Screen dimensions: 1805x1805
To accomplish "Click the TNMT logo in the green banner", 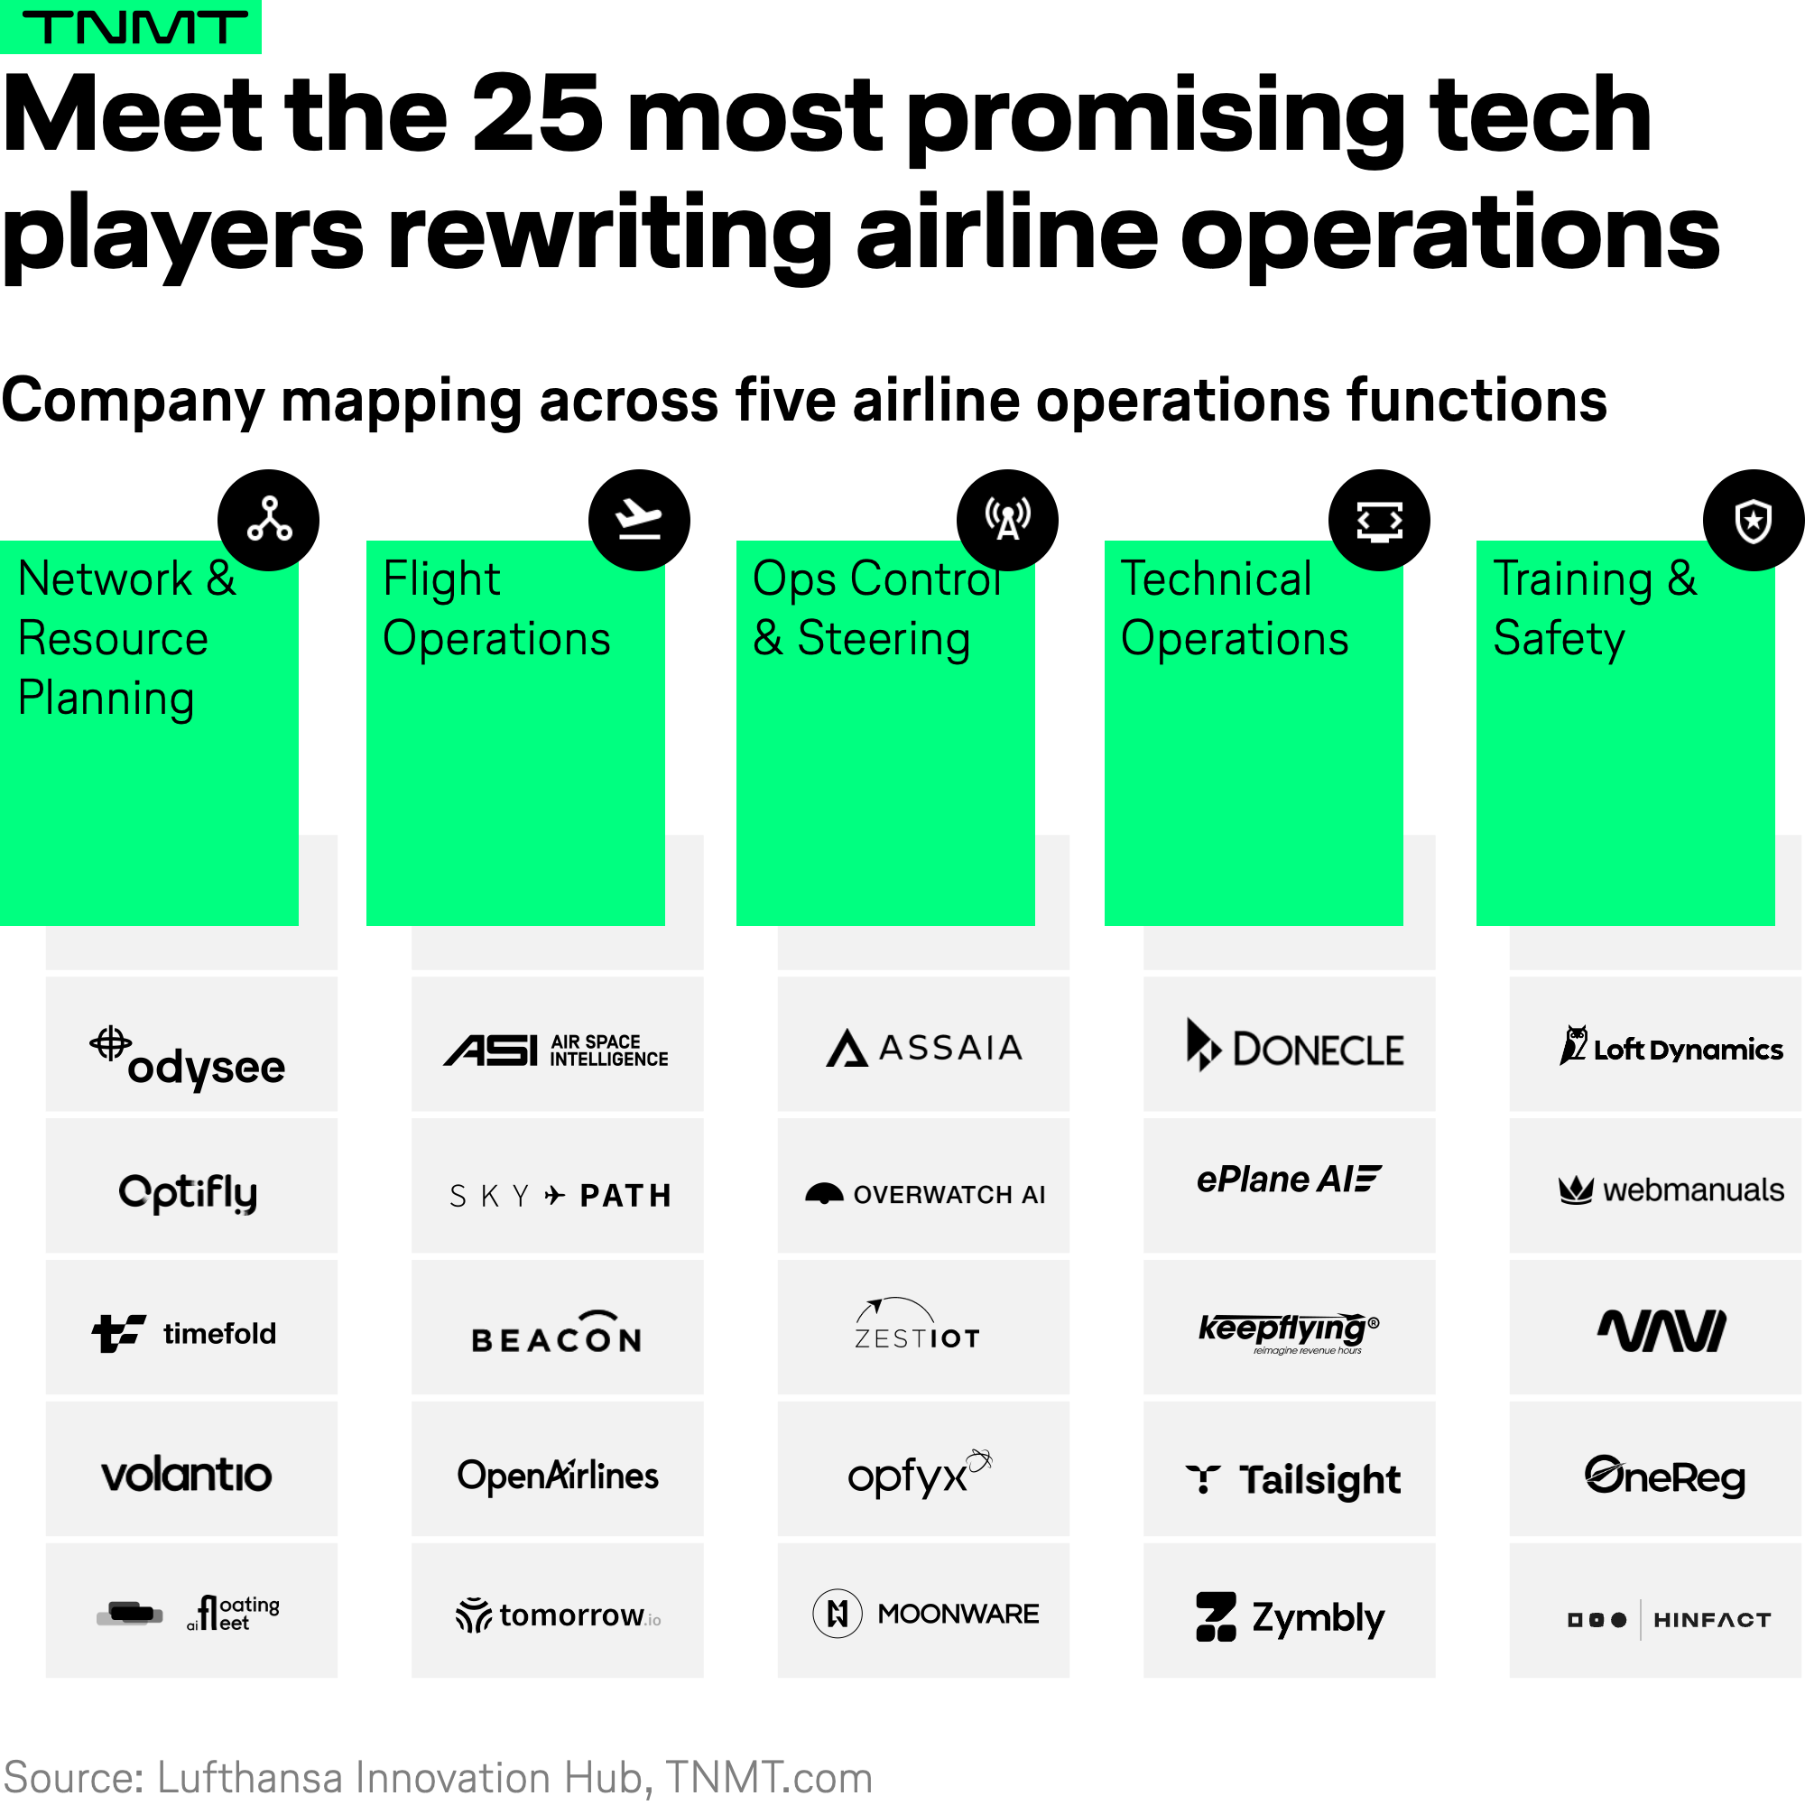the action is pos(134,27).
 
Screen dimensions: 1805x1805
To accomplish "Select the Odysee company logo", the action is pos(188,1059).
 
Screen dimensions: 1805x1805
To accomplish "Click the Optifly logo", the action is pos(188,1193).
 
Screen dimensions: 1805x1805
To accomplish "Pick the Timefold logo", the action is pos(184,1333).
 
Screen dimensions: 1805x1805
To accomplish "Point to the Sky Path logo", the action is pos(560,1196).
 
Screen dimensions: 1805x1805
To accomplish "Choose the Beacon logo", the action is pos(557,1332).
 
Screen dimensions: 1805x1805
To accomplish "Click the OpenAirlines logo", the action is pos(558,1476).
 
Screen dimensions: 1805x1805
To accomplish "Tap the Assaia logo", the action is pos(924,1047).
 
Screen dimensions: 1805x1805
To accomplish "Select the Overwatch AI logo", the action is pos(925,1194).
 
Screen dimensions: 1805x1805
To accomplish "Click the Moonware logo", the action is pos(926,1614).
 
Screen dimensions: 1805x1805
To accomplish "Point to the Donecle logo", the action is pos(1295,1045).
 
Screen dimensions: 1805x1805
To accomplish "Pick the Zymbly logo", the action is pos(1291,1617).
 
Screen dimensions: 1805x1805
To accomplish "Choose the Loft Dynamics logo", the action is pos(1671,1046).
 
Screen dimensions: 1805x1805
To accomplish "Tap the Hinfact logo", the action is pos(1670,1620).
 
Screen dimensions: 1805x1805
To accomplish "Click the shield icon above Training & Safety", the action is pos(1754,521).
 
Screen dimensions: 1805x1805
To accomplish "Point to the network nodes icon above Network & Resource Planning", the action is pos(269,520).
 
